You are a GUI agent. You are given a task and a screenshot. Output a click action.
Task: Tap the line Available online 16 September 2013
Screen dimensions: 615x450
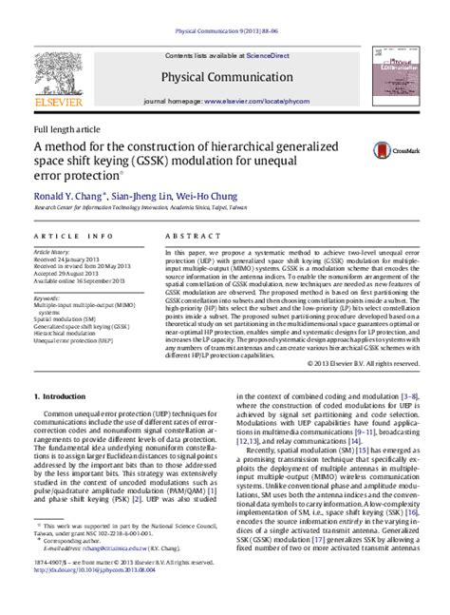click(81, 281)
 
